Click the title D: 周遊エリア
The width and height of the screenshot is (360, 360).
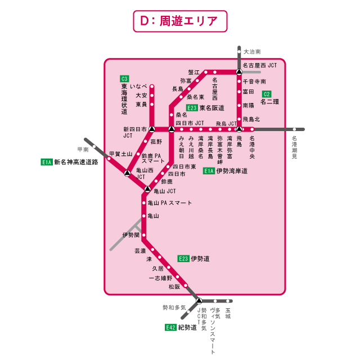[180, 21]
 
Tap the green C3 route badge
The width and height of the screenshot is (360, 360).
[124, 78]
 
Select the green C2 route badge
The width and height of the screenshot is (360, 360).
[267, 94]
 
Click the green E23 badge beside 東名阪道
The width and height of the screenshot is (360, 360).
[192, 108]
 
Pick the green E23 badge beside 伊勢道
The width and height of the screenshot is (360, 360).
[183, 259]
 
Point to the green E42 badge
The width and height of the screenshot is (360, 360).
[170, 327]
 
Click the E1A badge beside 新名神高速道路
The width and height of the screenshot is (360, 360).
[47, 162]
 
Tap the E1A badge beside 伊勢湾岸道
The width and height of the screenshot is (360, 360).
[209, 170]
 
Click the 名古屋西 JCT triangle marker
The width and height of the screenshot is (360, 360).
[239, 72]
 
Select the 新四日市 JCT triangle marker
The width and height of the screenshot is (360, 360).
[151, 129]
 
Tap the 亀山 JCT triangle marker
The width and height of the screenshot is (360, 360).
[147, 189]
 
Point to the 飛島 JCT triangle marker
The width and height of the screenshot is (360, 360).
[239, 129]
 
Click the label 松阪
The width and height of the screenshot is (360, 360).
[174, 286]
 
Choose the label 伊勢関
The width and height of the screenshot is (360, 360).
[130, 235]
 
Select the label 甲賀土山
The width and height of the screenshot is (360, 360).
[120, 154]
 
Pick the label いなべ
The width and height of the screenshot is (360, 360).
[138, 86]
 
